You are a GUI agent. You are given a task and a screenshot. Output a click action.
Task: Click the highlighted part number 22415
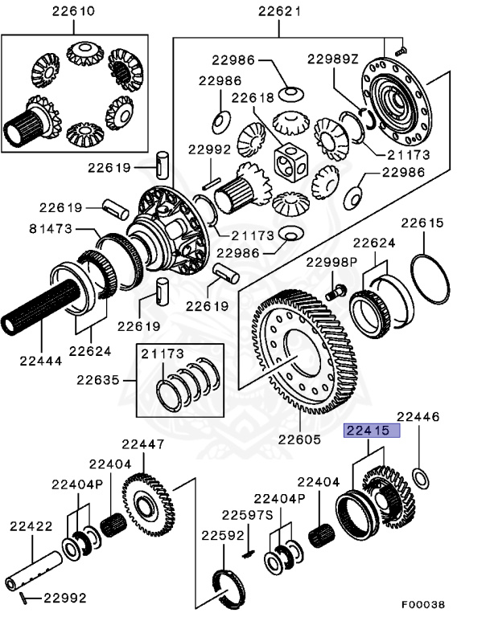(x=372, y=431)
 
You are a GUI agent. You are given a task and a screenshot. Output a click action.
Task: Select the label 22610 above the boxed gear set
(x=72, y=11)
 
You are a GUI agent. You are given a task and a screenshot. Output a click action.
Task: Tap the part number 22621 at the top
(x=279, y=11)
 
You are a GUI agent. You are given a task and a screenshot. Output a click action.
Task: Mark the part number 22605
(x=299, y=439)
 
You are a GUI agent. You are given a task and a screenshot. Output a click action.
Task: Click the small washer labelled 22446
(x=420, y=479)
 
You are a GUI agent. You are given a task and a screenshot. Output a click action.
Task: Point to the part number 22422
(x=31, y=526)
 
